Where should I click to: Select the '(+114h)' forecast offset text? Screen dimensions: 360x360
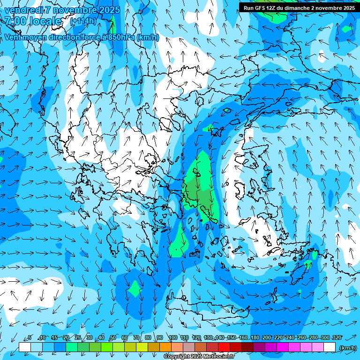[x=83, y=21]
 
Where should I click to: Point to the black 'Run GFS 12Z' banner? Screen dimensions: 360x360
[x=299, y=7]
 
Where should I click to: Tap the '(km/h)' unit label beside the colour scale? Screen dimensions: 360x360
[x=348, y=348]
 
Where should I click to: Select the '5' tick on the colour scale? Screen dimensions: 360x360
[x=30, y=338]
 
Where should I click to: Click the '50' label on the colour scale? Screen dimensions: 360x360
[x=112, y=338]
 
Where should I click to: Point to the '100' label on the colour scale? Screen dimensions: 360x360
[x=172, y=338]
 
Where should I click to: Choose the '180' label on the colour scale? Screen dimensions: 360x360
[x=255, y=338]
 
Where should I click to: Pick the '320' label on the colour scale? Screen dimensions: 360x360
[x=337, y=338]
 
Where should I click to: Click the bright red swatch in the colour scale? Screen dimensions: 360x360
[x=224, y=347]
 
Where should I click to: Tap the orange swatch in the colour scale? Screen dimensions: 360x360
[x=165, y=347]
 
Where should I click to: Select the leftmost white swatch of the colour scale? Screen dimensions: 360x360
[x=25, y=347]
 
